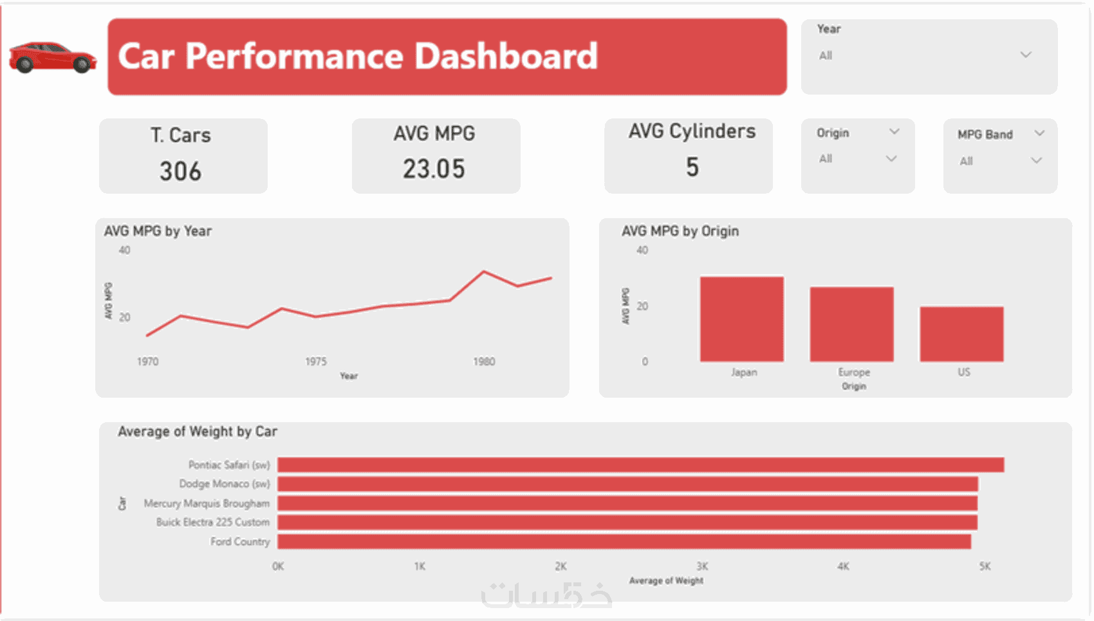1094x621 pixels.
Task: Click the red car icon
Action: pos(52,57)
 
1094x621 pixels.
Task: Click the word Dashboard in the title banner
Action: pos(506,56)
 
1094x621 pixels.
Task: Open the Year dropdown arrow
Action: pos(1026,55)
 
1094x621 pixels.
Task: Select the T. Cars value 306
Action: pos(181,172)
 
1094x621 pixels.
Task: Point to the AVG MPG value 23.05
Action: pos(434,169)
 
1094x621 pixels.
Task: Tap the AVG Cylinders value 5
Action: pos(692,167)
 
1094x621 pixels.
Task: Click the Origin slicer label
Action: pos(833,133)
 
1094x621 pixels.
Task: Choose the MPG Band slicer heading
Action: pos(985,134)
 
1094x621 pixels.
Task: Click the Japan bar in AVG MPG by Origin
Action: pos(741,319)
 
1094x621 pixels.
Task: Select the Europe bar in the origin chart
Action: pos(851,324)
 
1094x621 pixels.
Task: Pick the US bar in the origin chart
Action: pos(961,334)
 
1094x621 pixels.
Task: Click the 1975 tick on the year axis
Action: pos(316,362)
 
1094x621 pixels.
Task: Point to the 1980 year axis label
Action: pos(484,362)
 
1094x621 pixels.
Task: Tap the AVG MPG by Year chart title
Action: pos(158,231)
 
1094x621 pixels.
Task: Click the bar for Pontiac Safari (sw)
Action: pos(640,465)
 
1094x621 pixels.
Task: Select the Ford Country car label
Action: pos(240,542)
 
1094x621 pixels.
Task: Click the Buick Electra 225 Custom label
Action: pos(212,522)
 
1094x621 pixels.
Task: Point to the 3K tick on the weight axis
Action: pos(702,566)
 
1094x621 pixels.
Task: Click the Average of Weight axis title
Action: pos(666,580)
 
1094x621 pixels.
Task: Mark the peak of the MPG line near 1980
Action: pos(484,272)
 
